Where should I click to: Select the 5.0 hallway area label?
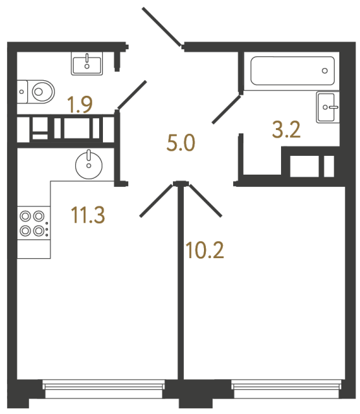[181, 142]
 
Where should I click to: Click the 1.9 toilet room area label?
[80, 105]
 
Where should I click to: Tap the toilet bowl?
[38, 91]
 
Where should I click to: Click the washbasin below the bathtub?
[328, 106]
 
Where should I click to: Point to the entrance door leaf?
[162, 27]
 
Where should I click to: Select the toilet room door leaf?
[132, 95]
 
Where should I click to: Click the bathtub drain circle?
[324, 69]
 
